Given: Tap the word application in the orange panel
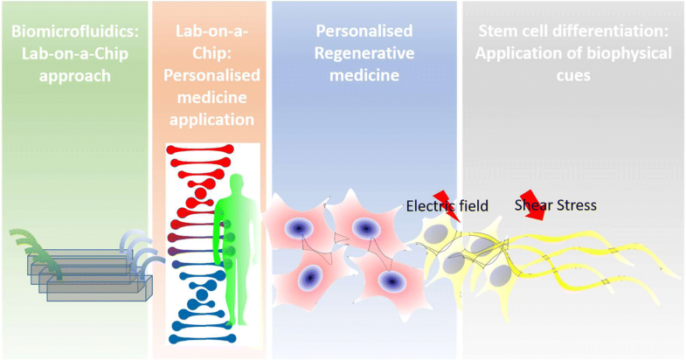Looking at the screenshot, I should pyautogui.click(x=210, y=118).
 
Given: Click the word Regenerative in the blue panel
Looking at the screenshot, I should pyautogui.click(x=358, y=55).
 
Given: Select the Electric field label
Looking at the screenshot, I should pyautogui.click(x=447, y=207).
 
